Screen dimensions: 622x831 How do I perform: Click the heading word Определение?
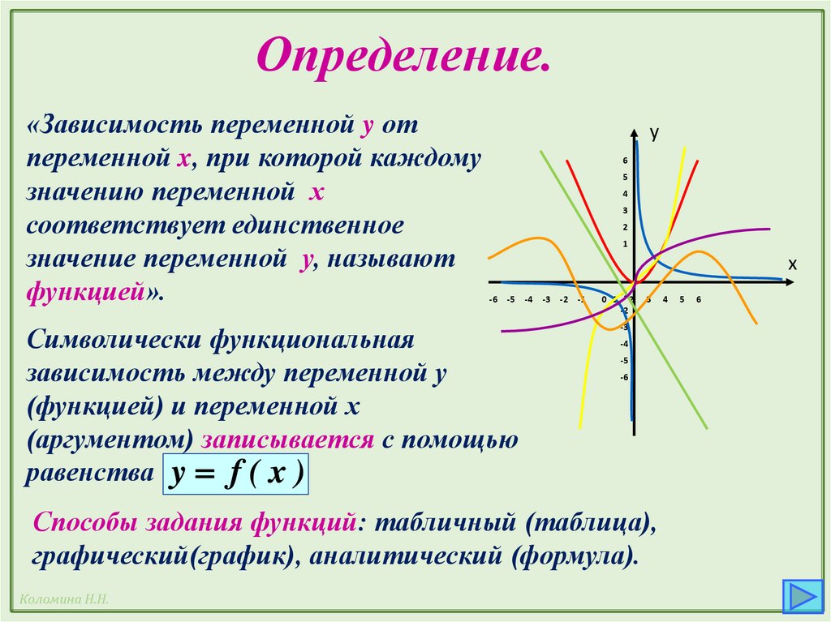point(403,56)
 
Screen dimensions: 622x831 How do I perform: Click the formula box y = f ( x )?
point(236,473)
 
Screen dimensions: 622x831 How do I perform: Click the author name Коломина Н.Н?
point(61,598)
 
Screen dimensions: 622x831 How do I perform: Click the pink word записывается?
point(288,440)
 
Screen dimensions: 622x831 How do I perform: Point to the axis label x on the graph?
point(792,265)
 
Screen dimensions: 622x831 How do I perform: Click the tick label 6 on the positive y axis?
point(625,161)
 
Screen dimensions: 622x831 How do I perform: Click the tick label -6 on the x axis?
point(493,300)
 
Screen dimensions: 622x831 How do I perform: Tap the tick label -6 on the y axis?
point(624,377)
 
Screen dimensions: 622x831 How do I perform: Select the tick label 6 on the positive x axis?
point(698,300)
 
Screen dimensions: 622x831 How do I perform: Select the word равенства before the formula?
point(88,474)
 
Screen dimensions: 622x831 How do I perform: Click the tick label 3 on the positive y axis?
point(625,211)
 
